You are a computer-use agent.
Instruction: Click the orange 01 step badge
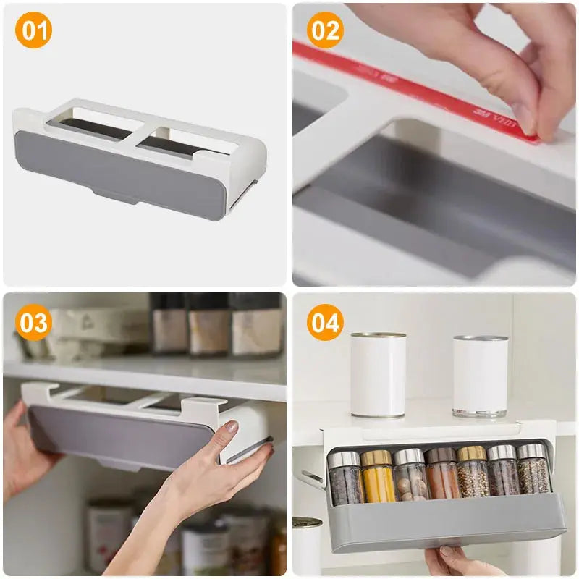coord(33,32)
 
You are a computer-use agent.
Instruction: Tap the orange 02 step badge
coord(325,32)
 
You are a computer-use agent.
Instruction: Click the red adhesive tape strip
coord(405,87)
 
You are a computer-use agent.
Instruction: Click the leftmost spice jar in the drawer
coord(345,478)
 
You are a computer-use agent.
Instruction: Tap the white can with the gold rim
coord(378,375)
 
